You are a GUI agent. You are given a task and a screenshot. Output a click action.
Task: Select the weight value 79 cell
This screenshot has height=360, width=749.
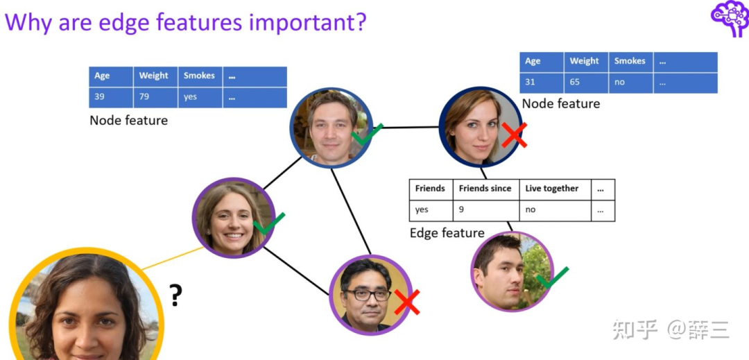pyautogui.click(x=144, y=97)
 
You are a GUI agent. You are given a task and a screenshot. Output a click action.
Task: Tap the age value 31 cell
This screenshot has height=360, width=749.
pyautogui.click(x=530, y=82)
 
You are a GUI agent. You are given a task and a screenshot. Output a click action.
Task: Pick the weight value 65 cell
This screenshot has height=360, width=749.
pyautogui.click(x=575, y=82)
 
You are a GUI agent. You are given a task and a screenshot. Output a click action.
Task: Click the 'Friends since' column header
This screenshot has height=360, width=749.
pyautogui.click(x=485, y=188)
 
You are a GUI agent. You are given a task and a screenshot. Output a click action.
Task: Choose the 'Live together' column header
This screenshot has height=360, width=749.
pyautogui.click(x=552, y=188)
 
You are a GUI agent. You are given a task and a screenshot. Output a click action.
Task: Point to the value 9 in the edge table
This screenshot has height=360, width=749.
pyautogui.click(x=460, y=209)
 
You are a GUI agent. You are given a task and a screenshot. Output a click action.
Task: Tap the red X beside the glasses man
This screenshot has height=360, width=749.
pyautogui.click(x=407, y=302)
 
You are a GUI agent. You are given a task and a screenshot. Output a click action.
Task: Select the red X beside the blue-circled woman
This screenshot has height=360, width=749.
pyautogui.click(x=514, y=135)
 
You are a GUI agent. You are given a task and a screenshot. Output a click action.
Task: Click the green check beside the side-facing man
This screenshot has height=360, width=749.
pyautogui.click(x=552, y=278)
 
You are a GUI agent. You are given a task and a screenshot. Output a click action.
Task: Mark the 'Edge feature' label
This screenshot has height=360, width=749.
pyautogui.click(x=447, y=233)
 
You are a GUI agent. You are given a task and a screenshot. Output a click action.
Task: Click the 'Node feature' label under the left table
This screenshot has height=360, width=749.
pyautogui.click(x=128, y=121)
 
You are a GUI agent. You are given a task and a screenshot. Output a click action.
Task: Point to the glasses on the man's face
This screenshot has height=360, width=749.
pyautogui.click(x=368, y=294)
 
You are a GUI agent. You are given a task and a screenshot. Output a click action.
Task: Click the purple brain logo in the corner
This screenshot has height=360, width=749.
pyautogui.click(x=730, y=17)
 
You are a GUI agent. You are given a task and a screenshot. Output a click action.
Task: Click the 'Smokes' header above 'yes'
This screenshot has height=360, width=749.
pyautogui.click(x=199, y=76)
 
